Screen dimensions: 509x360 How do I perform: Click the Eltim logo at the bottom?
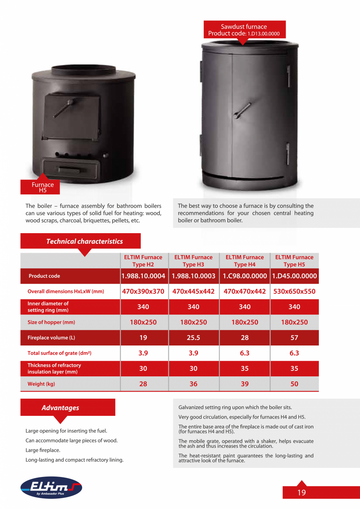(x=51, y=487)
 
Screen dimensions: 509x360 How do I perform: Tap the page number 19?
(x=301, y=493)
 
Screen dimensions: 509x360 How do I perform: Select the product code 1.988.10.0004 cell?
(x=143, y=276)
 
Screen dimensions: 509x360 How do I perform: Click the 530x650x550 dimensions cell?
(x=294, y=291)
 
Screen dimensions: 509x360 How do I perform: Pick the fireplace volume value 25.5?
(x=193, y=338)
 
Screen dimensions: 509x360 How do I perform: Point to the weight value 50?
(x=294, y=384)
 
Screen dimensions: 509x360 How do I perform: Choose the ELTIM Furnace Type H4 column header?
(x=245, y=261)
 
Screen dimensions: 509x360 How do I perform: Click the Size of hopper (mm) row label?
(x=51, y=322)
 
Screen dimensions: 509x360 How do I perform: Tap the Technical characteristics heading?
(x=84, y=241)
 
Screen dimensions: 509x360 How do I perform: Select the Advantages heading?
(x=60, y=408)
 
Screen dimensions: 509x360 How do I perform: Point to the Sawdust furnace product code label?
(x=244, y=30)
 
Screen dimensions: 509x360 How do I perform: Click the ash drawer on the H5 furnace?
(x=71, y=169)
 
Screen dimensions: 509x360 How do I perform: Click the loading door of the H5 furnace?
(x=71, y=116)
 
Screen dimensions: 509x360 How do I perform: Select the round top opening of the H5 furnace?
(x=84, y=71)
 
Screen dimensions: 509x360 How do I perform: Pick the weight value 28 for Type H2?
(x=143, y=384)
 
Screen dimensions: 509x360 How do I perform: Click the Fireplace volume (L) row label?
(x=51, y=338)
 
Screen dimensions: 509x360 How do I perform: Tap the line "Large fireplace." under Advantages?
(x=43, y=450)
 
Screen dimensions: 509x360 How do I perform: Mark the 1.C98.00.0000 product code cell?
(x=245, y=276)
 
